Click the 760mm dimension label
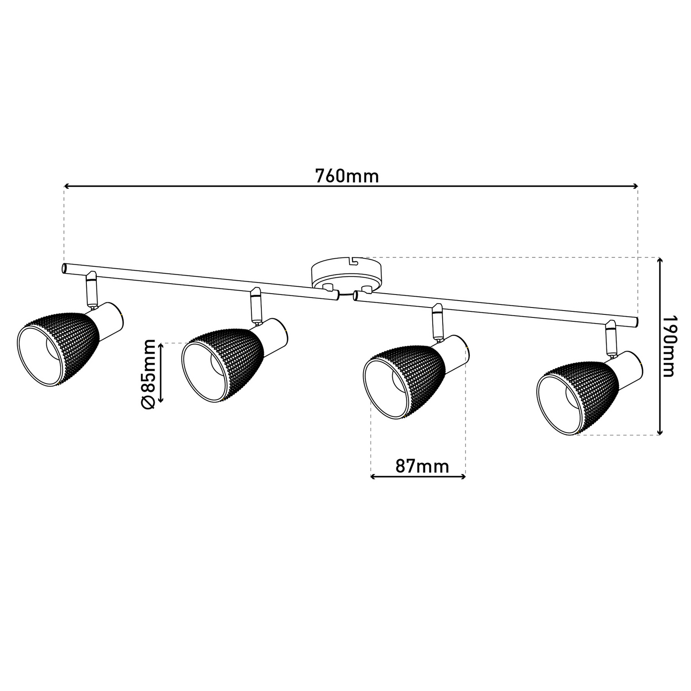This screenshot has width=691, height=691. click(347, 176)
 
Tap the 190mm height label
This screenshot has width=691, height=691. click(669, 346)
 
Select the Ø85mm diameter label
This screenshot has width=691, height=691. click(148, 374)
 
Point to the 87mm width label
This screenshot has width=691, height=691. click(422, 466)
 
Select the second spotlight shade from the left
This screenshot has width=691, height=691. click(222, 365)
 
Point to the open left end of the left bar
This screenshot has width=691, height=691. click(63, 269)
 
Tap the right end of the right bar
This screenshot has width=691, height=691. click(635, 322)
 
